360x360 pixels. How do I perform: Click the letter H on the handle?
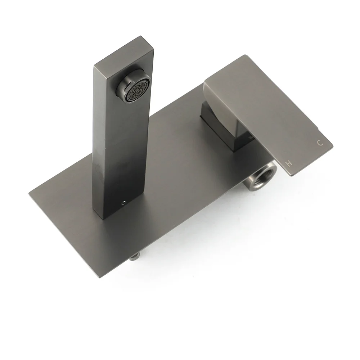click(289, 163)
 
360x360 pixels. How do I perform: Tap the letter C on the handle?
click(320, 143)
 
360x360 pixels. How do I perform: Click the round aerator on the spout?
click(134, 90)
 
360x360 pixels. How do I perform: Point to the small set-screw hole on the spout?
click(124, 203)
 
